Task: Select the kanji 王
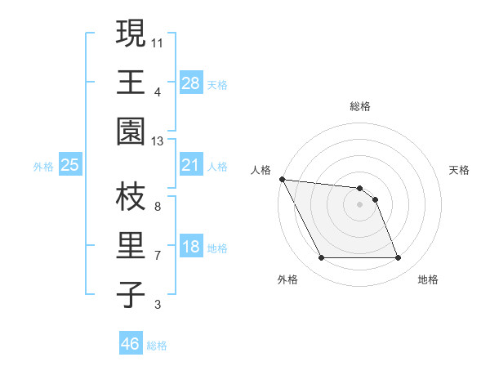coord(129,83)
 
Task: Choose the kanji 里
coord(129,246)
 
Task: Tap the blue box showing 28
coord(191,83)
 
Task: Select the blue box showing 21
coord(191,166)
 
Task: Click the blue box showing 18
coord(191,248)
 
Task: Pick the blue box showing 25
coord(69,166)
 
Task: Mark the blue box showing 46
coord(131,344)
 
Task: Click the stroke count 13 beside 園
coord(158,142)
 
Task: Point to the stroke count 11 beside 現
coord(158,42)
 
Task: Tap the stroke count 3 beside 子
coord(158,306)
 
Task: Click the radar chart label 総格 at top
coord(359,106)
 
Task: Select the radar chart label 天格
coord(460,170)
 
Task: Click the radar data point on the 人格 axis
coord(282,179)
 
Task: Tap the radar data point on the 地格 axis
coord(398,258)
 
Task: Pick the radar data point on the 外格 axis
coord(321,258)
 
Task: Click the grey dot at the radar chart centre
coord(359,204)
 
